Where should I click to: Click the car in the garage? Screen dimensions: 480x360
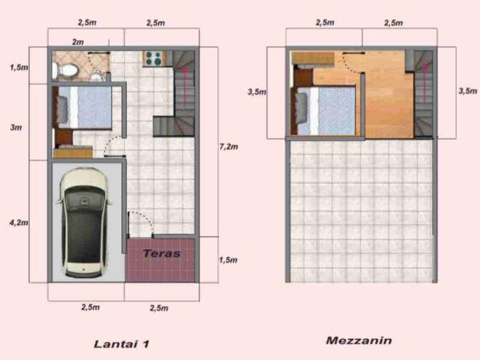(x=83, y=223)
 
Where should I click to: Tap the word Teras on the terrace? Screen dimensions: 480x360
(x=161, y=253)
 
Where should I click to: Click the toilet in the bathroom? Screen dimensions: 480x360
(x=65, y=70)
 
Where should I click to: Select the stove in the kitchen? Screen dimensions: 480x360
(x=154, y=58)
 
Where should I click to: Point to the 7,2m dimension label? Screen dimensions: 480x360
(x=229, y=147)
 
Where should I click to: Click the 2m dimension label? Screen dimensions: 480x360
(x=78, y=42)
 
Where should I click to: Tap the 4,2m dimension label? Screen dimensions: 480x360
(x=19, y=223)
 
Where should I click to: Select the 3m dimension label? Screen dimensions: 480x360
(x=16, y=127)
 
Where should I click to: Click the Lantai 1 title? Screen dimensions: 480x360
(x=121, y=344)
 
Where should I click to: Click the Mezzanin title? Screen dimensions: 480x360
(x=358, y=340)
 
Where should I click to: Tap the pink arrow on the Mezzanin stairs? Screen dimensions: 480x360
(x=424, y=82)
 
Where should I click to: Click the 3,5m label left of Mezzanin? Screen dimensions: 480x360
(x=256, y=91)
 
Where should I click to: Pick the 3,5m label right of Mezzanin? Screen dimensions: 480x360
(x=468, y=91)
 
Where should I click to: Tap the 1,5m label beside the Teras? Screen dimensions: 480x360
(x=228, y=260)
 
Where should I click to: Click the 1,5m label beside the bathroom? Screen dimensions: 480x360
(x=19, y=67)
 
